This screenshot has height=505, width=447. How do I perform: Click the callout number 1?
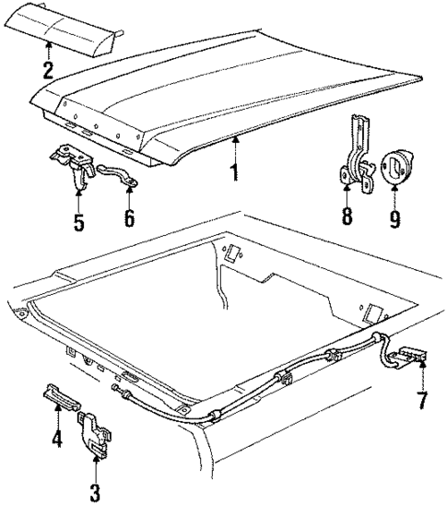tap(234, 171)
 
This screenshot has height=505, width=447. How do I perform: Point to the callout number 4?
tap(56, 440)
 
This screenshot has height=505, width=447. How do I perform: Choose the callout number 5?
tap(78, 221)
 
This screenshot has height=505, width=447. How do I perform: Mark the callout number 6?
tap(128, 218)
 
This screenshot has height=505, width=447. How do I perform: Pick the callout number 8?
tap(347, 217)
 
